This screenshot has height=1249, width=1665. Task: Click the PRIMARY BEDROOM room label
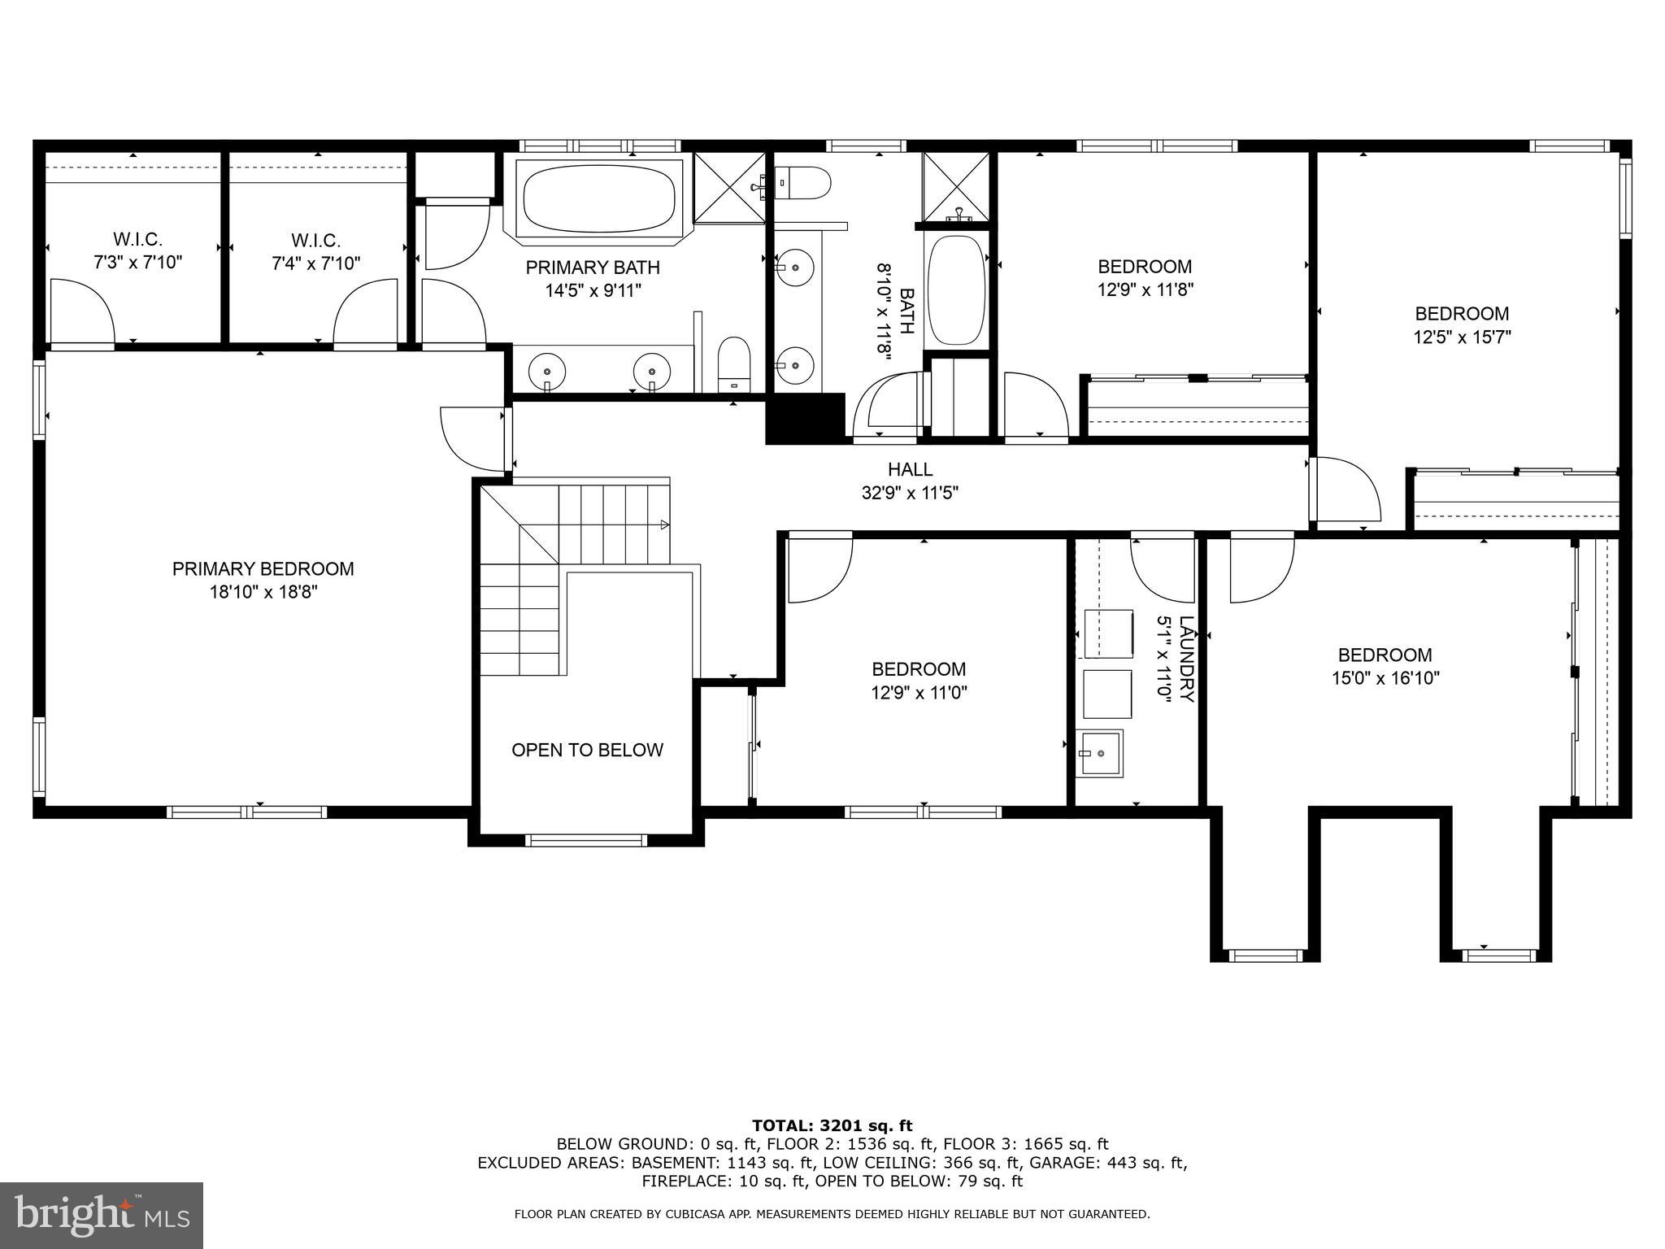click(263, 569)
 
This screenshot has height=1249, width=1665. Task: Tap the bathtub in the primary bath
click(599, 199)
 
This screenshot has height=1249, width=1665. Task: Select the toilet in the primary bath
click(734, 363)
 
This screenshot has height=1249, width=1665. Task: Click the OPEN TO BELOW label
click(587, 750)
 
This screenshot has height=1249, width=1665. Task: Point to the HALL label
click(910, 469)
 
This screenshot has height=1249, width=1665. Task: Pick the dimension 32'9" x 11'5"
click(910, 493)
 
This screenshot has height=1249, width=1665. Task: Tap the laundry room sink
click(1099, 753)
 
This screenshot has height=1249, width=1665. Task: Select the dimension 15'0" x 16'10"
click(1385, 678)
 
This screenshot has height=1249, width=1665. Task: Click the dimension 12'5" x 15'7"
click(1461, 337)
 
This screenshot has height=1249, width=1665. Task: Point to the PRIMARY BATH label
click(593, 268)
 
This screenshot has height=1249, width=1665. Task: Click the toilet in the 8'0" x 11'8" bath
click(802, 183)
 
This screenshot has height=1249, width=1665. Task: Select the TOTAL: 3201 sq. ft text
click(832, 1125)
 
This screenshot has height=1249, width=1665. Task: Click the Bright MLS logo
click(101, 1215)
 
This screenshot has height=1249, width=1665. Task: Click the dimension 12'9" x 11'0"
click(919, 693)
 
